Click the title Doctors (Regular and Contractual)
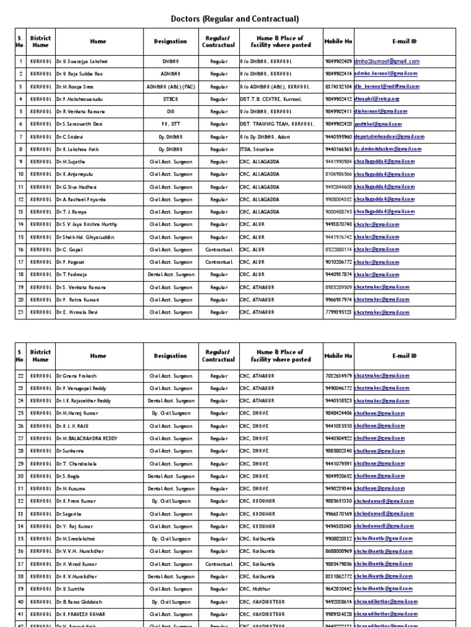[235, 19]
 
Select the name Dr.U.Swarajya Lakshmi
[82, 61]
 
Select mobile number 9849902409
[339, 61]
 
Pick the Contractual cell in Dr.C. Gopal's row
[218, 249]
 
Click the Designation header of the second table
[170, 356]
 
